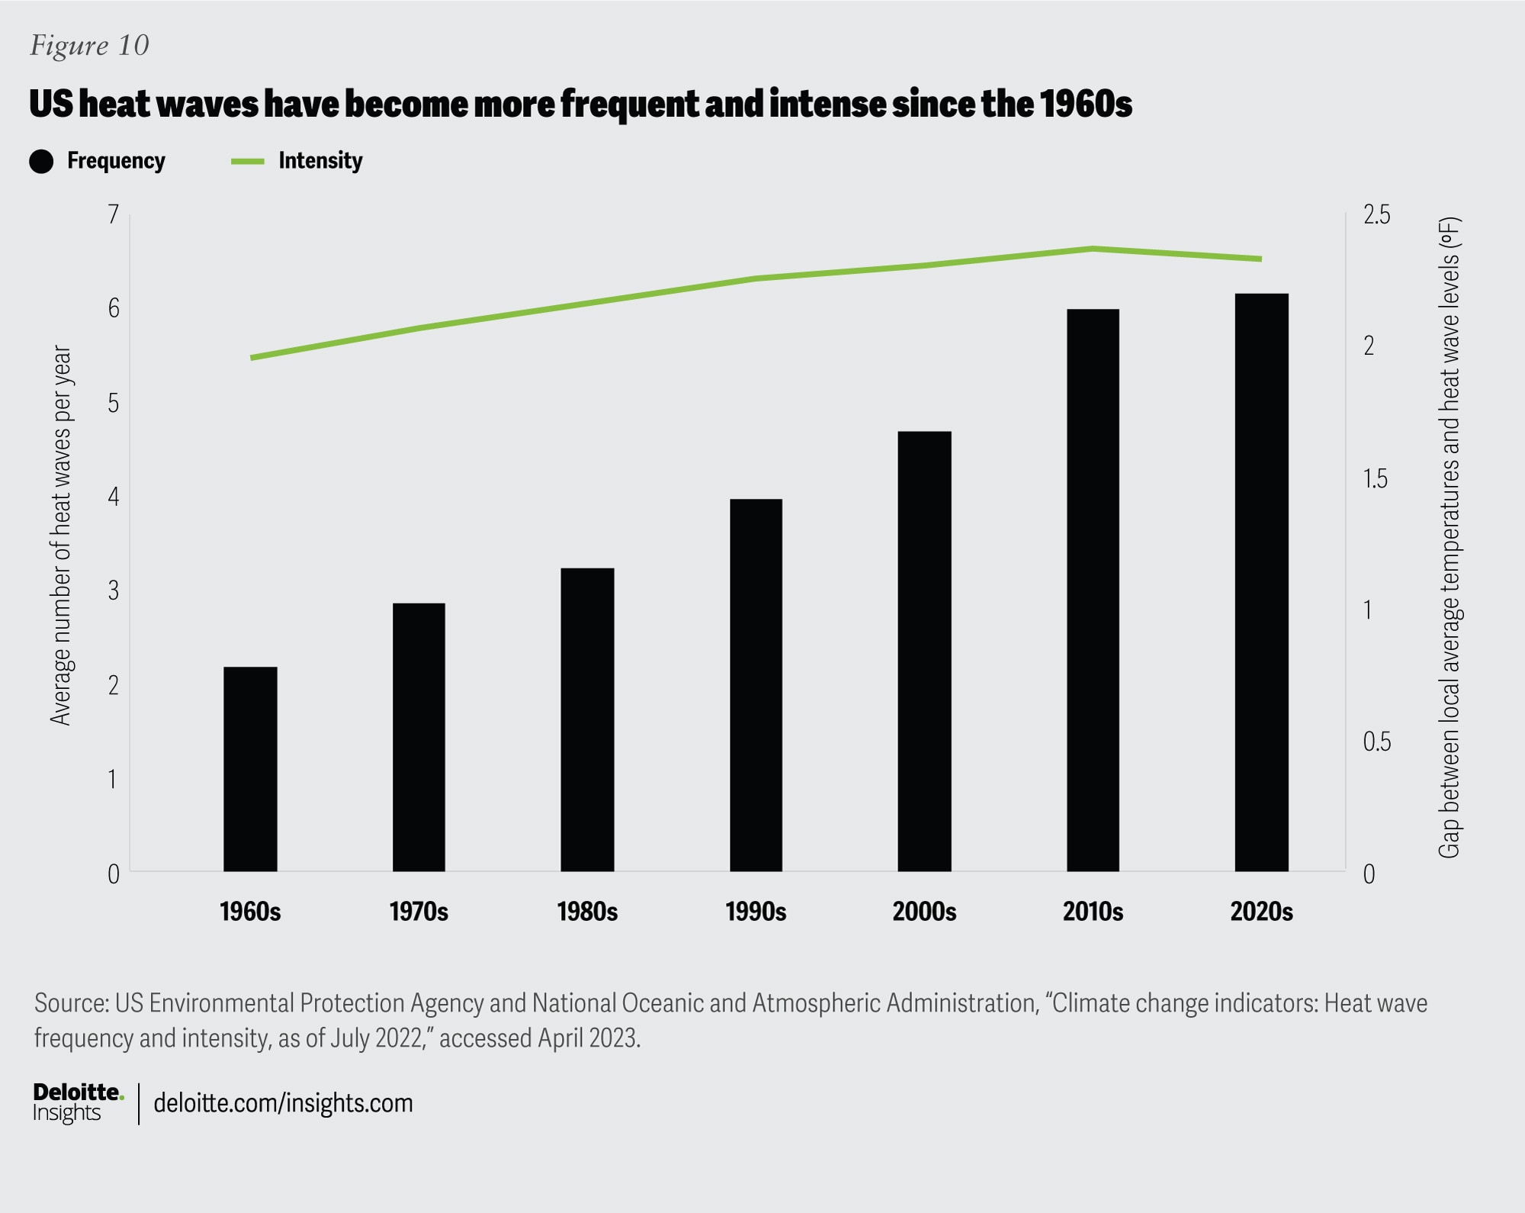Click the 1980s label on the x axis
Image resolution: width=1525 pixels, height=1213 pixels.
click(587, 912)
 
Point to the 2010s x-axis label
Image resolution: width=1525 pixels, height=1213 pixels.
click(1093, 912)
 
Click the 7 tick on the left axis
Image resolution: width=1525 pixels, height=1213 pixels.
click(114, 214)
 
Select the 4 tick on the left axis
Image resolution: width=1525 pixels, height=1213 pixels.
click(114, 497)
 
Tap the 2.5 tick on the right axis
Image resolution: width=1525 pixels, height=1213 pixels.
click(1376, 214)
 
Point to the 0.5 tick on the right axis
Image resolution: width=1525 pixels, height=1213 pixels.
click(1376, 742)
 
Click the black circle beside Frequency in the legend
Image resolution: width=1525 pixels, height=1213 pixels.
click(41, 162)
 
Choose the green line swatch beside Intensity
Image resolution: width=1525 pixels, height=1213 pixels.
click(248, 162)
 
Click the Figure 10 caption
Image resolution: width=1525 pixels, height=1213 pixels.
click(89, 46)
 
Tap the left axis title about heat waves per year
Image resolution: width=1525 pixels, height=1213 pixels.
click(61, 534)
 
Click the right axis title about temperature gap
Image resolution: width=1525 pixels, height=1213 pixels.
click(1449, 538)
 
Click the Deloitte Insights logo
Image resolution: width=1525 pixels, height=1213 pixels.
click(76, 1103)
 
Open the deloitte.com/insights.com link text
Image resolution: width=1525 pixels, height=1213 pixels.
click(283, 1103)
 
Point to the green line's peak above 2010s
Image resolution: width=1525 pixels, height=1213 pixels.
click(1092, 249)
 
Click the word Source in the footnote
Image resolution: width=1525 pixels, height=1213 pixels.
click(70, 1002)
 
